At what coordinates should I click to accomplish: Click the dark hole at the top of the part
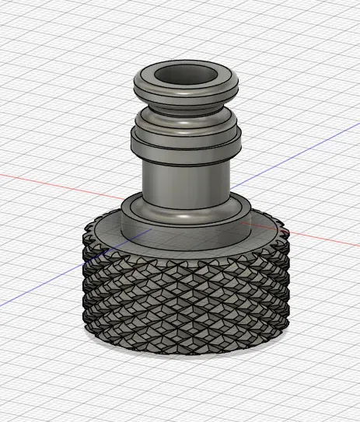pyautogui.click(x=185, y=75)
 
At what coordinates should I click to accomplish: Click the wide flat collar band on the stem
pyautogui.click(x=185, y=145)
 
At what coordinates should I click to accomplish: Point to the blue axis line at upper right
pyautogui.click(x=311, y=143)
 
